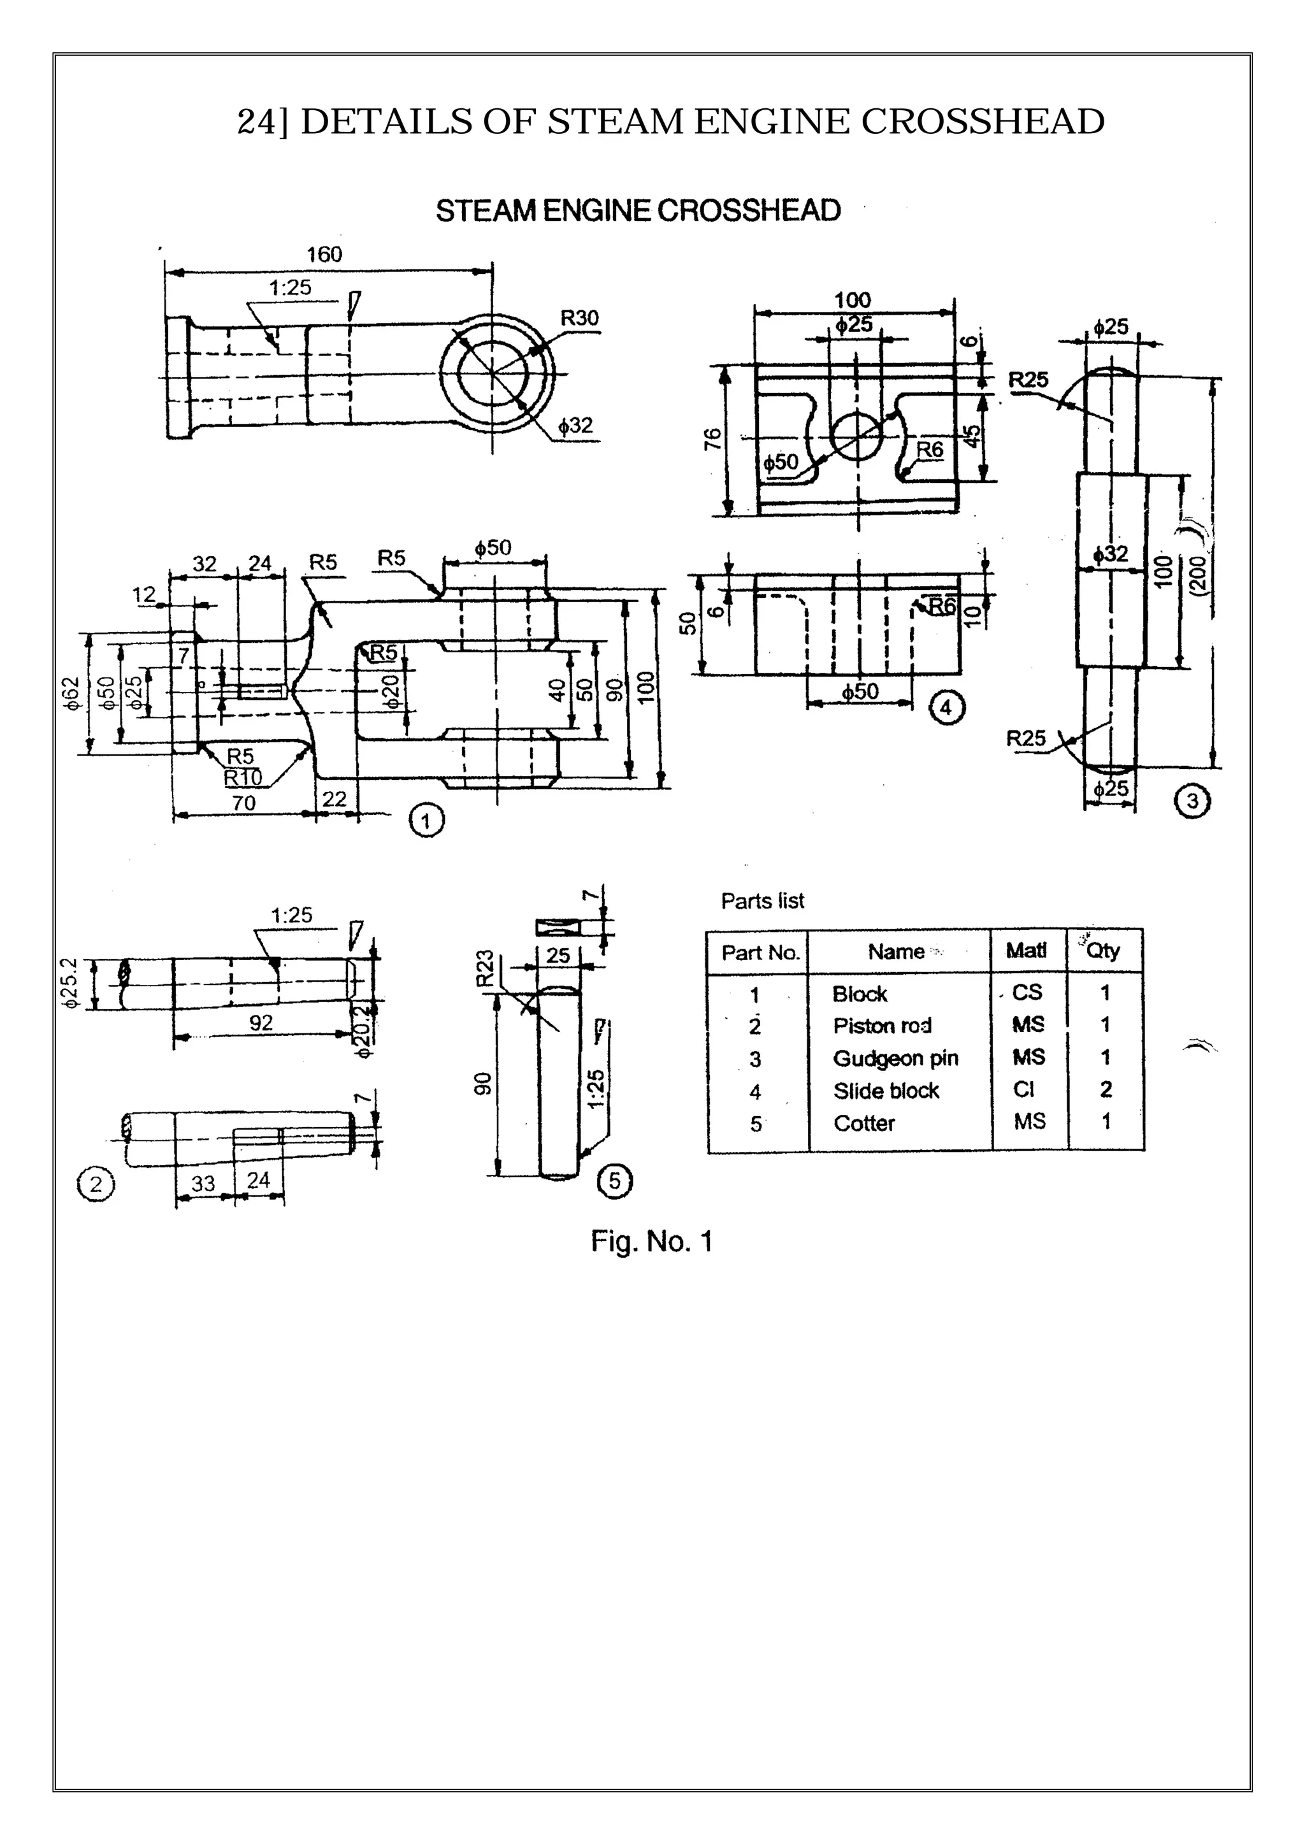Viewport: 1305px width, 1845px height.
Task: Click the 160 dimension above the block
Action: coord(324,255)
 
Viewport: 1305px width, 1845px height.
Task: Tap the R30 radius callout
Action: coord(579,318)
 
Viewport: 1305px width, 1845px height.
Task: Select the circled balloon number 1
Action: coord(426,821)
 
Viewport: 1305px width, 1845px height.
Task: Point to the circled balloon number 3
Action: coord(1192,801)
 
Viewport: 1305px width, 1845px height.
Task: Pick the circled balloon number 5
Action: coord(615,1181)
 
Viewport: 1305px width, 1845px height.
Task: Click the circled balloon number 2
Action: coord(96,1184)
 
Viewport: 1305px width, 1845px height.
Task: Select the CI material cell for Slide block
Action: coord(1024,1089)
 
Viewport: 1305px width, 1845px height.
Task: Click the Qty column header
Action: coord(1102,951)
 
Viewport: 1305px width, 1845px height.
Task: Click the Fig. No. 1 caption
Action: coord(652,1242)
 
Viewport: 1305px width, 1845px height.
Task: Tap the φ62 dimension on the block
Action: coord(72,693)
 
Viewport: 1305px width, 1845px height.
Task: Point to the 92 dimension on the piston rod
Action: coord(261,1023)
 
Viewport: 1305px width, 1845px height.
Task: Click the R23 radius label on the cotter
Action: coord(484,968)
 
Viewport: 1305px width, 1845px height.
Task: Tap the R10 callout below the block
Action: coord(243,778)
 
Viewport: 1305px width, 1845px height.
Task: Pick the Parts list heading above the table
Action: coord(762,901)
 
